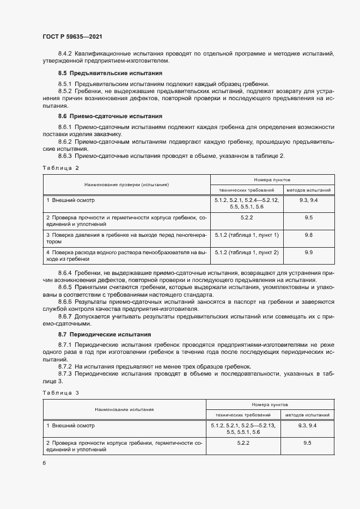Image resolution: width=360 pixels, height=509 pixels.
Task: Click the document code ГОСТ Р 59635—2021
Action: (72, 36)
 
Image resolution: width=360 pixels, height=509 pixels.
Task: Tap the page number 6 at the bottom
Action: (44, 463)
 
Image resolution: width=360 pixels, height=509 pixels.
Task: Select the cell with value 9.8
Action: (308, 235)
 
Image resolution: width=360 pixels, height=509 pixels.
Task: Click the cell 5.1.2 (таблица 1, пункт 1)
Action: (247, 235)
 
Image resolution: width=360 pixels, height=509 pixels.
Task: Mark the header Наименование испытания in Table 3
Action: (124, 409)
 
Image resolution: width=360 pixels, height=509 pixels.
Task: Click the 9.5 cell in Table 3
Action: (307, 444)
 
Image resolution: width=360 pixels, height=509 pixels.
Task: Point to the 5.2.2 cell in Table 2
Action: (247, 217)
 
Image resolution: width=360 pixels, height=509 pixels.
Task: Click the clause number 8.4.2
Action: (65, 53)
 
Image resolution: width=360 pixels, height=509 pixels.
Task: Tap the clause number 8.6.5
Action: (65, 286)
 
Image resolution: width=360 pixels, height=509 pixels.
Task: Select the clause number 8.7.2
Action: (65, 366)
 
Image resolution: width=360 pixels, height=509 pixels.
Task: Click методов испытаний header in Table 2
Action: (308, 190)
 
